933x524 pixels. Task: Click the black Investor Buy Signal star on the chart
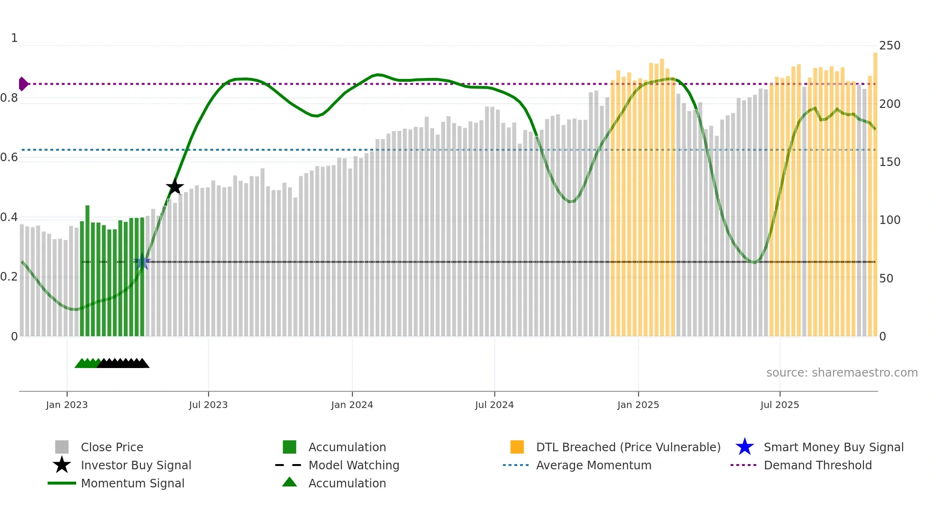[x=175, y=187]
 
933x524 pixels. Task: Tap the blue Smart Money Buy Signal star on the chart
[x=142, y=262]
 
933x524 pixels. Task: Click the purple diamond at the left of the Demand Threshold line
[x=23, y=84]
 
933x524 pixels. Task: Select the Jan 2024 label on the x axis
[x=352, y=405]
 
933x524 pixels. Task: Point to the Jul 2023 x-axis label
[x=208, y=405]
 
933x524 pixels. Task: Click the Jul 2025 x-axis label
[x=779, y=405]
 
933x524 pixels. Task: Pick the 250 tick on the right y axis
[x=889, y=46]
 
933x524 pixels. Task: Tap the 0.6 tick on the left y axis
[x=9, y=157]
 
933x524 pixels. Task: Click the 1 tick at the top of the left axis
[x=14, y=38]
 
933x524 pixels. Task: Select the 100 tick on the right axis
[x=889, y=220]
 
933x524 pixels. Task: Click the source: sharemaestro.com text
[x=842, y=373]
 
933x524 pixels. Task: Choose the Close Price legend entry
[x=112, y=447]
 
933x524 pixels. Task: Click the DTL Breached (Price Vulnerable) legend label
[x=628, y=447]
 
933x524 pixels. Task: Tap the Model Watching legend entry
[x=354, y=466]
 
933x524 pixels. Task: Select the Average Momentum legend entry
[x=593, y=466]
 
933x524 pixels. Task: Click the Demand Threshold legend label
[x=817, y=466]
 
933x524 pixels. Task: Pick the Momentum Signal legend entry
[x=132, y=484]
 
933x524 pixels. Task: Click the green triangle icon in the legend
[x=289, y=483]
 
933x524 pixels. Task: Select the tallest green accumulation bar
[x=88, y=271]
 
